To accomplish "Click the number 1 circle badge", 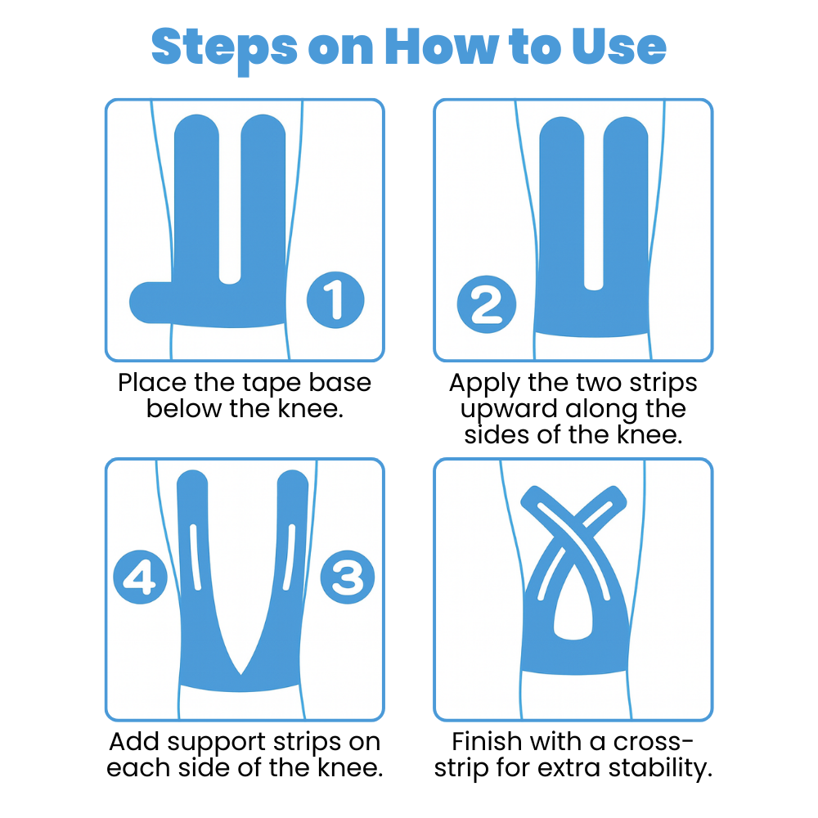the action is (x=335, y=300).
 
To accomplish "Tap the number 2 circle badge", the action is (x=486, y=304).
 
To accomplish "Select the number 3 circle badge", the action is (x=348, y=577).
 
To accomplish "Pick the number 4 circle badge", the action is (x=141, y=577).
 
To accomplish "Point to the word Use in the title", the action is (x=618, y=47).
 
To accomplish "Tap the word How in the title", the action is (x=442, y=47).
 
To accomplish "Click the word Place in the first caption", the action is (x=152, y=382).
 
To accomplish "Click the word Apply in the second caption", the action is (x=484, y=384).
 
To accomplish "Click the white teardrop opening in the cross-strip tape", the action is (x=573, y=608).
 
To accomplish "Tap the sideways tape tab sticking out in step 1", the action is (x=151, y=303).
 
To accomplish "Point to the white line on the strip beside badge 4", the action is (x=196, y=557).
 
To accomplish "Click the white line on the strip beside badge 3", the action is (x=289, y=557).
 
